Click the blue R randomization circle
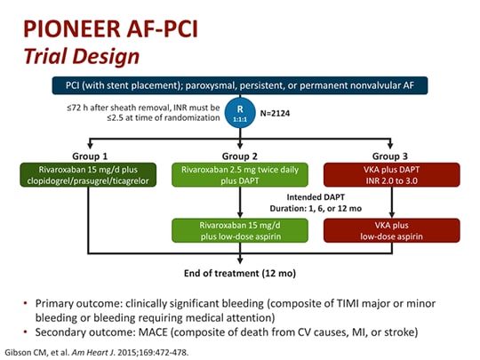(x=240, y=113)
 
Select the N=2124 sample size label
(x=275, y=114)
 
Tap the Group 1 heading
(x=90, y=156)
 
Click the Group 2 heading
(x=240, y=156)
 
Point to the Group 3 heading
(x=390, y=156)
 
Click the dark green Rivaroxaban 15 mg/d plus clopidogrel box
(x=88, y=175)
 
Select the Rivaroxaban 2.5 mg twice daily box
(x=240, y=175)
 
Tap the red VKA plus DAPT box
(x=391, y=175)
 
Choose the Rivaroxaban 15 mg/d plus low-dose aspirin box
(x=240, y=230)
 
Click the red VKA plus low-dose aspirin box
(x=391, y=230)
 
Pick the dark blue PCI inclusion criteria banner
(x=240, y=85)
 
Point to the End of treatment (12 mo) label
(x=240, y=273)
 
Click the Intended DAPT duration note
(x=316, y=203)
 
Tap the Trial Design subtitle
(x=82, y=57)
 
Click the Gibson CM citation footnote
(x=97, y=352)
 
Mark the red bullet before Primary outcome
(x=26, y=303)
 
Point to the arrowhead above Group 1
(x=90, y=146)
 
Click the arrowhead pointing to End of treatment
(x=240, y=260)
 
